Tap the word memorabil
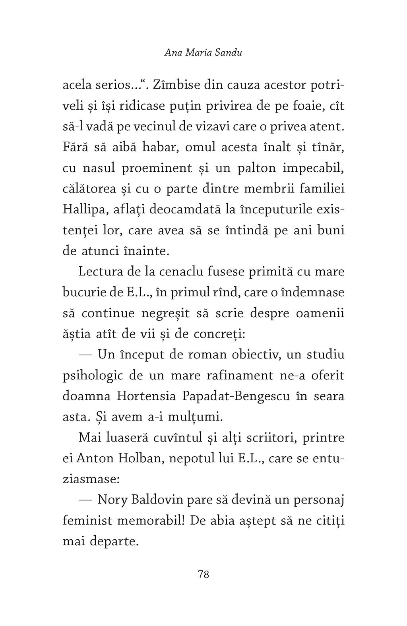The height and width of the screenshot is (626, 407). point(154,521)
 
